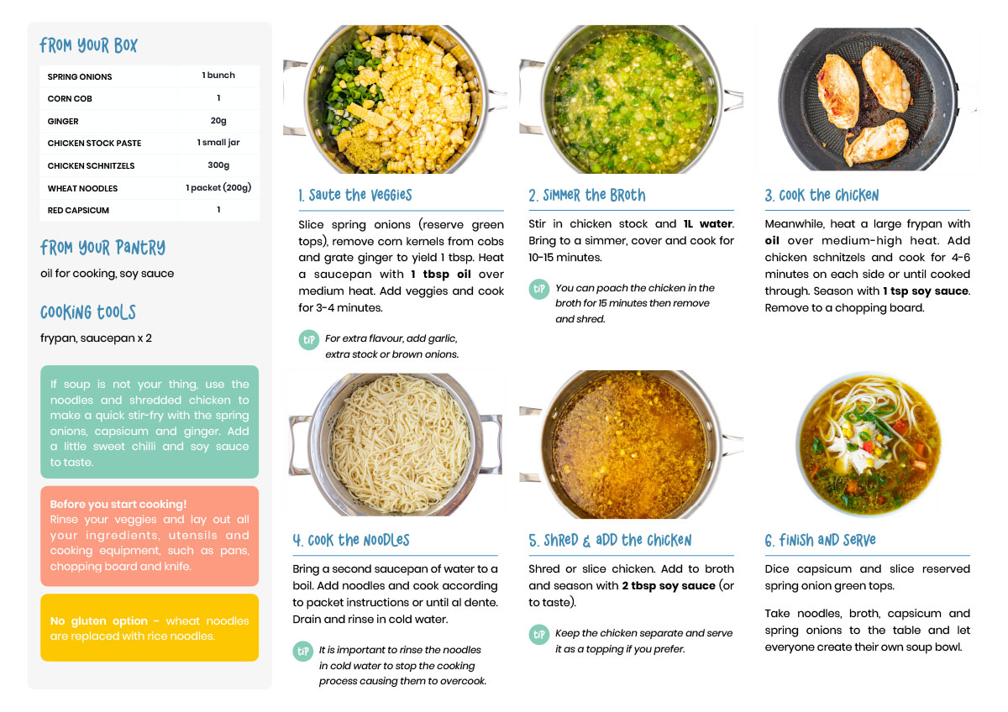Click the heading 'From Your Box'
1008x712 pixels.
tap(88, 45)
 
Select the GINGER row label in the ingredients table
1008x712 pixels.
tap(63, 122)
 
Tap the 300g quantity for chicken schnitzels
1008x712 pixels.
tap(218, 165)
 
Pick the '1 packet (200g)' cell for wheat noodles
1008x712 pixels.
tap(218, 187)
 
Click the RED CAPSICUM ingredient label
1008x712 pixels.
tap(78, 211)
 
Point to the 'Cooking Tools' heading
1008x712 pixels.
tap(88, 312)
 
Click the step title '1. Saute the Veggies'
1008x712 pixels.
tap(355, 195)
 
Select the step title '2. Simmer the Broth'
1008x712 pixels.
tap(587, 195)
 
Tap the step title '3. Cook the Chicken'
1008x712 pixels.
tap(822, 195)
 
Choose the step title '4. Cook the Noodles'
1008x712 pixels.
tap(351, 540)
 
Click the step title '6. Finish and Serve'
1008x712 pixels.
tap(821, 540)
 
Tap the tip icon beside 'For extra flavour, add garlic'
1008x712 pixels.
tap(309, 339)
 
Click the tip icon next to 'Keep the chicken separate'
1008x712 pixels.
tap(538, 634)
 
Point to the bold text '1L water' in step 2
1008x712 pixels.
tap(708, 224)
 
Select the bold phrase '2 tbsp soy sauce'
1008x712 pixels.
tap(669, 585)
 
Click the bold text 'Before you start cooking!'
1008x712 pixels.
tap(118, 505)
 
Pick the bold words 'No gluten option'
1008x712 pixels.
tap(98, 620)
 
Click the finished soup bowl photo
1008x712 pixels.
tap(868, 443)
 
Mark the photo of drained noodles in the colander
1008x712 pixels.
tap(396, 444)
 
